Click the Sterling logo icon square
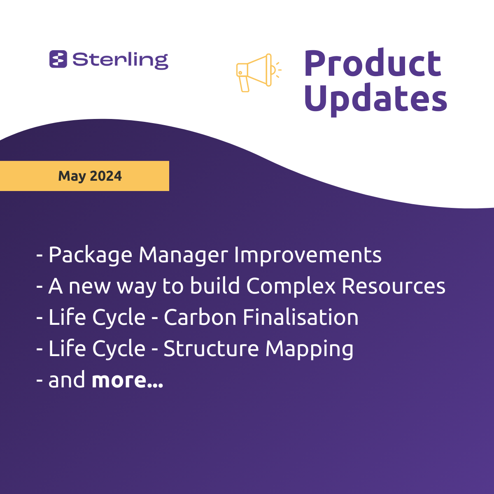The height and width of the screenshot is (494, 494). click(x=58, y=59)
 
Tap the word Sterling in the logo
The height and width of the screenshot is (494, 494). click(x=121, y=61)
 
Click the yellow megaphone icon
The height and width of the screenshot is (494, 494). click(x=259, y=73)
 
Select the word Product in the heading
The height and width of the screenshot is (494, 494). click(x=373, y=63)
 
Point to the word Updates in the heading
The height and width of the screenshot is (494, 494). click(x=376, y=100)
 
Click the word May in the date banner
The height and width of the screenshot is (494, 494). click(x=72, y=176)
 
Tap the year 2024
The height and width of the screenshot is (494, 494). click(x=106, y=176)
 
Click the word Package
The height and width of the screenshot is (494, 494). click(x=90, y=255)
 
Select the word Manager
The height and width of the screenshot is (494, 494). click(x=183, y=255)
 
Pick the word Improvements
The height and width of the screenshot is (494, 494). click(x=308, y=255)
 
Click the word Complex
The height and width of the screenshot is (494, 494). click(x=291, y=286)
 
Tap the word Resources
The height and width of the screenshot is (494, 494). click(x=394, y=286)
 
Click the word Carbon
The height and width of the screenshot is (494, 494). click(x=200, y=317)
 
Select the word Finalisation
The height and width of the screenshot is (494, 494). click(x=301, y=317)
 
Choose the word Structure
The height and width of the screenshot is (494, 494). click(x=211, y=348)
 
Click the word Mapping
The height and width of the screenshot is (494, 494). click(x=309, y=350)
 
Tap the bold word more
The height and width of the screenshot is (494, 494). click(x=127, y=380)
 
